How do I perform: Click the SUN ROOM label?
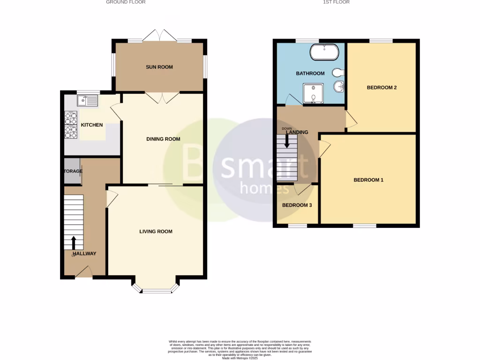[x=159, y=67]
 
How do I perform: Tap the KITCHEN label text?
[x=91, y=125]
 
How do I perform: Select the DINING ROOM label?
[x=163, y=139]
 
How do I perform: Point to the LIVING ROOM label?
[x=156, y=232]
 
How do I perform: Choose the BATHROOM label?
[x=310, y=74]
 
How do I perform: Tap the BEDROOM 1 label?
[x=368, y=180]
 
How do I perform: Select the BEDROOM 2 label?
[x=382, y=88]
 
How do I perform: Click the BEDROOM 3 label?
[x=297, y=205]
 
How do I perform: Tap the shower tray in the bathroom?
[x=313, y=93]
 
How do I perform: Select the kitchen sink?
[x=87, y=100]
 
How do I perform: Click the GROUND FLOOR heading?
[x=126, y=2]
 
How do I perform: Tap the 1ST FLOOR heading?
[x=336, y=2]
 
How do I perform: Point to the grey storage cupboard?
[x=72, y=172]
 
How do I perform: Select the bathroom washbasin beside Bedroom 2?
[x=339, y=87]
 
